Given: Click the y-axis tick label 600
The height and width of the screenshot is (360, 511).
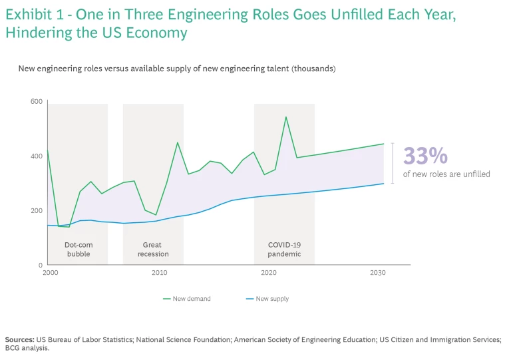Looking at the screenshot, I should (36, 101).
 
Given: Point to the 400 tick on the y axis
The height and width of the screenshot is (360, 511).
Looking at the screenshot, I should (36, 156).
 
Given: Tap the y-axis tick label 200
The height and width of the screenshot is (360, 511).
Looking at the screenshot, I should (36, 210).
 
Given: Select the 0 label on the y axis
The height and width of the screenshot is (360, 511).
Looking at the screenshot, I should (40, 265).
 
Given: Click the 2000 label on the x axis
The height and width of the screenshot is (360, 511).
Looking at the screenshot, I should (50, 273).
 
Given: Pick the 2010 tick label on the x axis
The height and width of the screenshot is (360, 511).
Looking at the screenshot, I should (160, 273).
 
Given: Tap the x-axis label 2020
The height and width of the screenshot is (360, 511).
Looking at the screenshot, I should (269, 273).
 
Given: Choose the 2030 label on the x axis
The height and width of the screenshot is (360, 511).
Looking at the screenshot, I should (378, 273).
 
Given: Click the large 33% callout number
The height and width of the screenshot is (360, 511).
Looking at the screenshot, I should (426, 156).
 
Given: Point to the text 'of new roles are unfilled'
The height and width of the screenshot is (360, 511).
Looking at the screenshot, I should (446, 174).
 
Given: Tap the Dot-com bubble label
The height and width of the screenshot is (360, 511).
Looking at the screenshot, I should (79, 250).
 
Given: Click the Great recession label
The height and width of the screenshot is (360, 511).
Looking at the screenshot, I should (153, 250).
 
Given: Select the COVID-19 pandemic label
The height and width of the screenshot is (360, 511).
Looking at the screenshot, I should (284, 250).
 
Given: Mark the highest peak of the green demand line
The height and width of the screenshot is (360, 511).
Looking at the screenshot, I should (286, 117).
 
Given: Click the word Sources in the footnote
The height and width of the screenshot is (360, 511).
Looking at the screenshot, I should (20, 339).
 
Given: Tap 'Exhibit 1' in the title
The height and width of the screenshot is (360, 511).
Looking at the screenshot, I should (33, 14).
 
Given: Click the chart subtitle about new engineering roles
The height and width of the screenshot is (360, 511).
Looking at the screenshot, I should (177, 69).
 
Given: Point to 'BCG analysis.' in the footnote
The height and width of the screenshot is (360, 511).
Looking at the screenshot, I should (27, 347).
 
